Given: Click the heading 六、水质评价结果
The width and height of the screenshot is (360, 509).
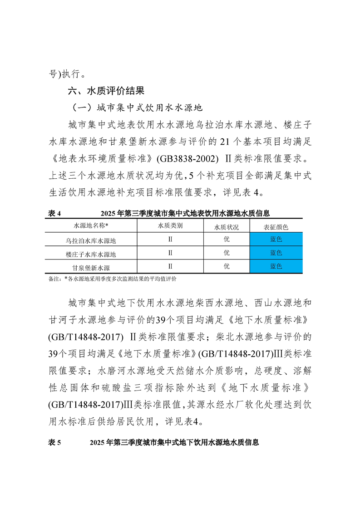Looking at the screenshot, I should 106,91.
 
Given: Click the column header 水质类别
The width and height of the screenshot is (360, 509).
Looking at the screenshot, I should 170,225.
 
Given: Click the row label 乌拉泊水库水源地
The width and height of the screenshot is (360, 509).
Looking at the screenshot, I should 94,240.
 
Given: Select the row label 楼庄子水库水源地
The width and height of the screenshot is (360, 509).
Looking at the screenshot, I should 94,253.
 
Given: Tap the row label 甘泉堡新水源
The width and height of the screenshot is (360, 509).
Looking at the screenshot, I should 94,267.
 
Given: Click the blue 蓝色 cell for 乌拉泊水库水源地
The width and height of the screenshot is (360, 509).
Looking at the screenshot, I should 276,239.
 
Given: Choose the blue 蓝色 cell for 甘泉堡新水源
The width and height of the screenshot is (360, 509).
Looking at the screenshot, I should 276,266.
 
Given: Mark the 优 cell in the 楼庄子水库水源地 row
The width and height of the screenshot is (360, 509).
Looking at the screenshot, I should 227,253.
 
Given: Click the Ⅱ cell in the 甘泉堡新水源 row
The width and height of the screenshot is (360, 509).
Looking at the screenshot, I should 170,266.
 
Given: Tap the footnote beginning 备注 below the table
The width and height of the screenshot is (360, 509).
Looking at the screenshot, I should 112,279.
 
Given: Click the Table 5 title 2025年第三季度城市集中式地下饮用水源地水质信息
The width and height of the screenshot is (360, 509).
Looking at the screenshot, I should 175,442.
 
